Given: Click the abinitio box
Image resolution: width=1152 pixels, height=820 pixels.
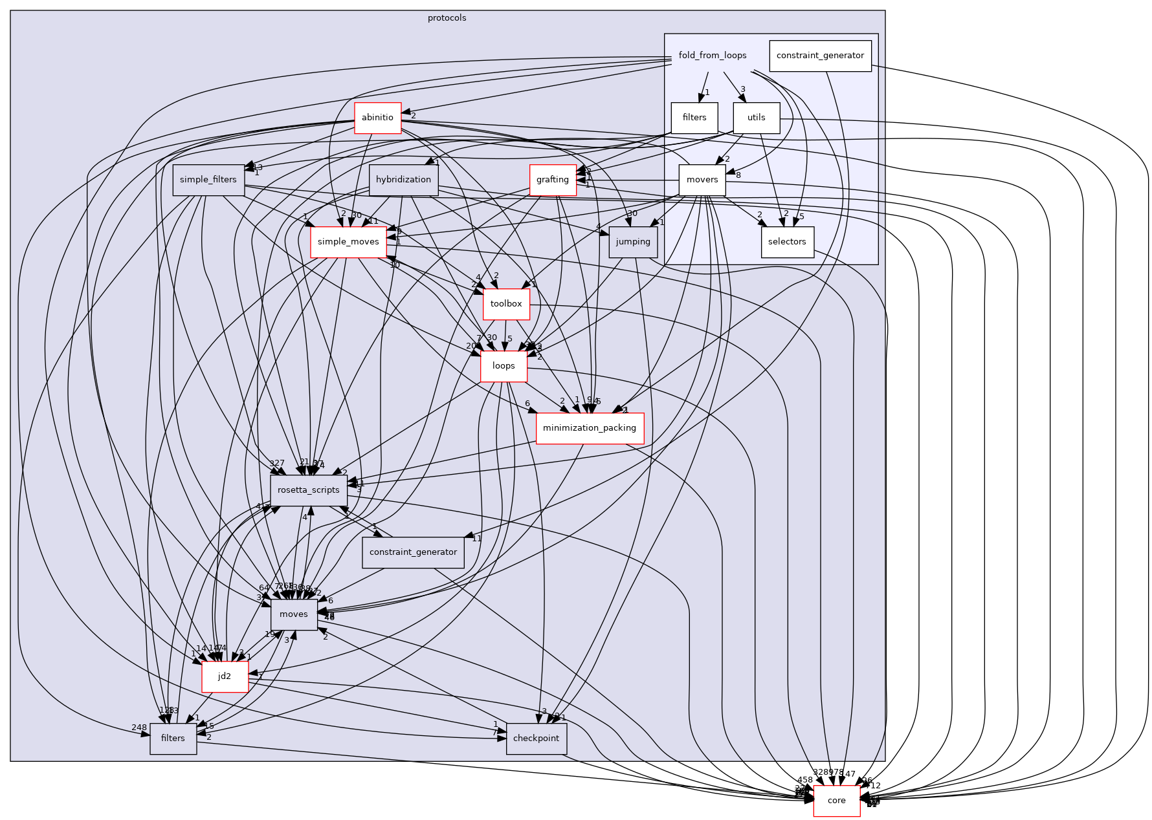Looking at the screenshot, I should pos(377,118).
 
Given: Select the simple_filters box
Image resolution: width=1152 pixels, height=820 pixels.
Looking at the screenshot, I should pos(208,180).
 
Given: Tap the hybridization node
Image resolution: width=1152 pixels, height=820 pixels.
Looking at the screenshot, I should pos(403,180).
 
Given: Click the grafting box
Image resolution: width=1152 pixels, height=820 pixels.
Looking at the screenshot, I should pos(552,180).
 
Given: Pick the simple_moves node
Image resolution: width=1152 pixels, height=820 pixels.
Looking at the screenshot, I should pos(348,242).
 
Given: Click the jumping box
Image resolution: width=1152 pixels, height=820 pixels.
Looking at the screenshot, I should pos(632,242).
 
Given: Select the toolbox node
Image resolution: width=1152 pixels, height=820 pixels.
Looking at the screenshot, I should pos(505,304).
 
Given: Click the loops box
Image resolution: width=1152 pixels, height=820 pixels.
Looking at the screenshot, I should pos(503,366).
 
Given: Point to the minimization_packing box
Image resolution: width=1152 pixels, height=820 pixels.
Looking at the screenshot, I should pos(589,428).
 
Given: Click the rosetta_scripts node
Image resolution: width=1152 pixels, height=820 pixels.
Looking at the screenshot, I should pos(308,490).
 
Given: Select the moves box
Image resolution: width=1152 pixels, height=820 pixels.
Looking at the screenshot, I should pos(294,614).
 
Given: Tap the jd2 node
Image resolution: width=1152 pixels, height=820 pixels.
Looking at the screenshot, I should pos(224,676).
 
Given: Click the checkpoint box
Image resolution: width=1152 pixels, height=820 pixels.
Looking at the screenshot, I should pos(536,739).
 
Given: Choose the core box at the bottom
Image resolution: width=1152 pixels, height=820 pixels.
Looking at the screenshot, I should pos(836,801).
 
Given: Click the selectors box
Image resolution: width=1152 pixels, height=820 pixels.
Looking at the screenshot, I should pos(787,242).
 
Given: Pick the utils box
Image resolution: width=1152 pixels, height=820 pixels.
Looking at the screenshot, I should pos(756,118).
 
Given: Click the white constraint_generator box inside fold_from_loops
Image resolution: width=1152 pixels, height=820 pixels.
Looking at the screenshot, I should pos(819,56).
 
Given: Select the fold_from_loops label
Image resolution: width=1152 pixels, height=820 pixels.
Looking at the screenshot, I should pos(712,56).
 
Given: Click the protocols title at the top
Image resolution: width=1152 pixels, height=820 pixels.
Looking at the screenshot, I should pos(447,18).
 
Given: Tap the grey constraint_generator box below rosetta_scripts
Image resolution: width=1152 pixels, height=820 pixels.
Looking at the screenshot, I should pos(413,552).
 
